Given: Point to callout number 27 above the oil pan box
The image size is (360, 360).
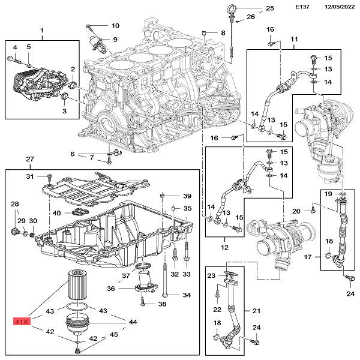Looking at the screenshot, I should point(29,159).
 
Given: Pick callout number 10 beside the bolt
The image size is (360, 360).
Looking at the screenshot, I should point(115,26).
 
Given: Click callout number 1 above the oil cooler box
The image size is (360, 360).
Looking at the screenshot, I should point(42,31).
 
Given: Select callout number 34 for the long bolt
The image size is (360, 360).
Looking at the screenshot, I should point(187,295).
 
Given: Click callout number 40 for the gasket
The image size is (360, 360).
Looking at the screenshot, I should point(56,213).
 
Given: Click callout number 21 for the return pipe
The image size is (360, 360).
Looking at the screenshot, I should point(256,311).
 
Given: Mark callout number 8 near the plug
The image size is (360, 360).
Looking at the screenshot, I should point(223,32).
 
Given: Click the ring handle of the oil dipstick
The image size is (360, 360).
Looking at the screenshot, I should point(232,8).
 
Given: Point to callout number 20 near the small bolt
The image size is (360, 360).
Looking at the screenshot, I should point(296,211).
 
